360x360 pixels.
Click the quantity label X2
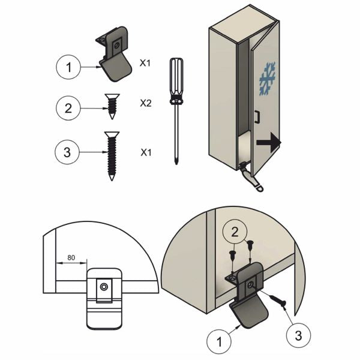[145, 103]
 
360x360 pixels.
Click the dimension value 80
[71, 257]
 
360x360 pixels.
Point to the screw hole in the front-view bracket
[106, 287]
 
